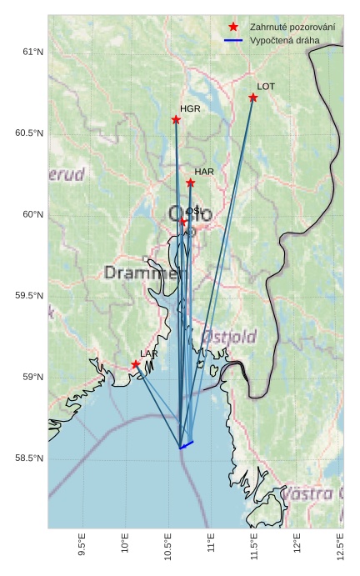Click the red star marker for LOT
pos(253,98)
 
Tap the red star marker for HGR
pos(176,120)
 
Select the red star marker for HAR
pos(190,183)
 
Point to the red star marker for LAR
pos(136,364)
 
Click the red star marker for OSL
pos(183,221)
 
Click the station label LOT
pos(266,87)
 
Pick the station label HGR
pos(190,109)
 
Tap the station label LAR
pos(149,354)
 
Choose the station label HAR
pos(204,172)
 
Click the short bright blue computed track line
pos(186,445)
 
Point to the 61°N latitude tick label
pos(33,53)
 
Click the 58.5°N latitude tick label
pos(29,458)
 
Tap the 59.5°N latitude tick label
pos(29,296)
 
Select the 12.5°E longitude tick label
pos(340,543)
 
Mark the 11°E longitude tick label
pos(211,543)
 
